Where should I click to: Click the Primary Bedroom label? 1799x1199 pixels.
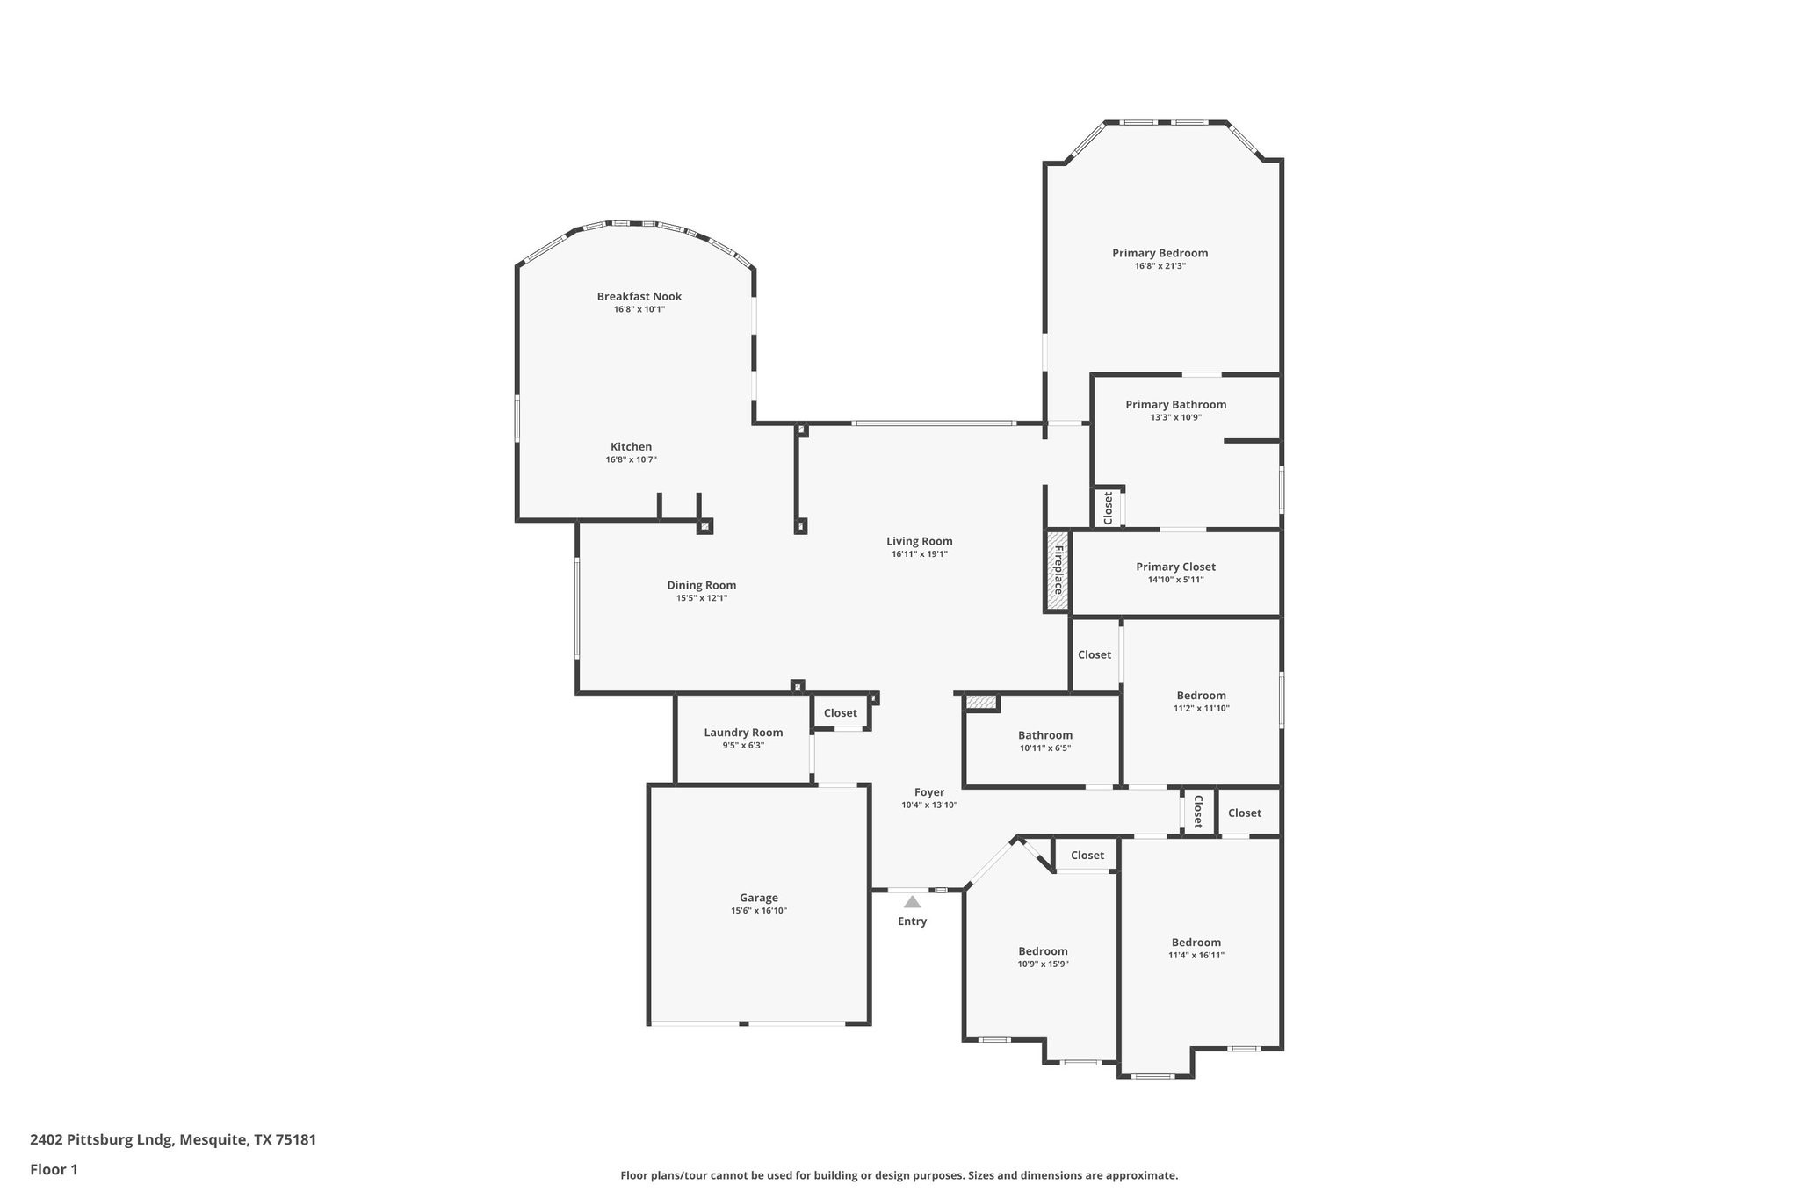tap(1160, 253)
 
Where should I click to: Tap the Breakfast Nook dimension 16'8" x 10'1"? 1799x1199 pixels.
tap(639, 309)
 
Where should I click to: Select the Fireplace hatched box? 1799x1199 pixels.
tap(1057, 571)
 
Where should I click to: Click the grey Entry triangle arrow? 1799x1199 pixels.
tap(912, 902)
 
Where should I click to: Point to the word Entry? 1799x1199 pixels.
tap(912, 921)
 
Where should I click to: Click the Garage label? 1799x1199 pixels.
tap(758, 898)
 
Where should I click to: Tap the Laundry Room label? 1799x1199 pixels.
tap(743, 733)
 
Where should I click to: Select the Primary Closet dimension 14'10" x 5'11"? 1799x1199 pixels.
tap(1175, 580)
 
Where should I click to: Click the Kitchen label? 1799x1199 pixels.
tap(631, 447)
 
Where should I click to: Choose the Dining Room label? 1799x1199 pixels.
tap(701, 585)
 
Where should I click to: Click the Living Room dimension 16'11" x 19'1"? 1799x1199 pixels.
tap(919, 554)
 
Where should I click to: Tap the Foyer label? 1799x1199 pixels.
tap(928, 792)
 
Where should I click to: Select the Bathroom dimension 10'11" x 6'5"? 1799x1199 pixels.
tap(1044, 748)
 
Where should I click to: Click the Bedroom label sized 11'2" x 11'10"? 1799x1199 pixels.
tap(1201, 696)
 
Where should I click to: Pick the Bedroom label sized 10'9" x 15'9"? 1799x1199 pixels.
tap(1043, 951)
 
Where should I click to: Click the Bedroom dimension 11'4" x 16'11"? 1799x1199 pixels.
tap(1196, 956)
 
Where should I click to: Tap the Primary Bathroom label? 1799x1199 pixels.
tap(1175, 405)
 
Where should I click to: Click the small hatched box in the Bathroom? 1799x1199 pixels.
tap(981, 703)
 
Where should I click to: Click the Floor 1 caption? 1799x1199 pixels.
tap(54, 1170)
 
